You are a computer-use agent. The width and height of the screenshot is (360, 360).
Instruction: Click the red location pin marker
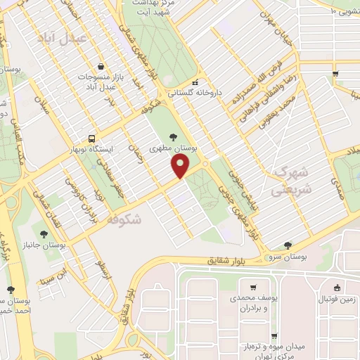point(181,165)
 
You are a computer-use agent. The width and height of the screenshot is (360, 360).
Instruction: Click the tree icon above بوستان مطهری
point(174,136)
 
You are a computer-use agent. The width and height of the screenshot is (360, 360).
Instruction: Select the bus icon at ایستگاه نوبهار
point(91,139)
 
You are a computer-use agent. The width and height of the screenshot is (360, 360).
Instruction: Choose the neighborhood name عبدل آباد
point(82,37)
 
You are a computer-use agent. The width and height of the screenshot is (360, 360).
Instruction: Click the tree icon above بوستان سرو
point(287,245)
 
